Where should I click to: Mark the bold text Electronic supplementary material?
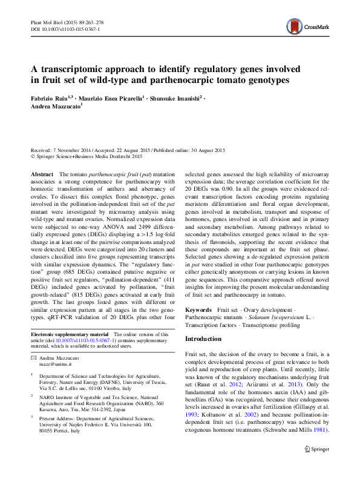tap(69, 334)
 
